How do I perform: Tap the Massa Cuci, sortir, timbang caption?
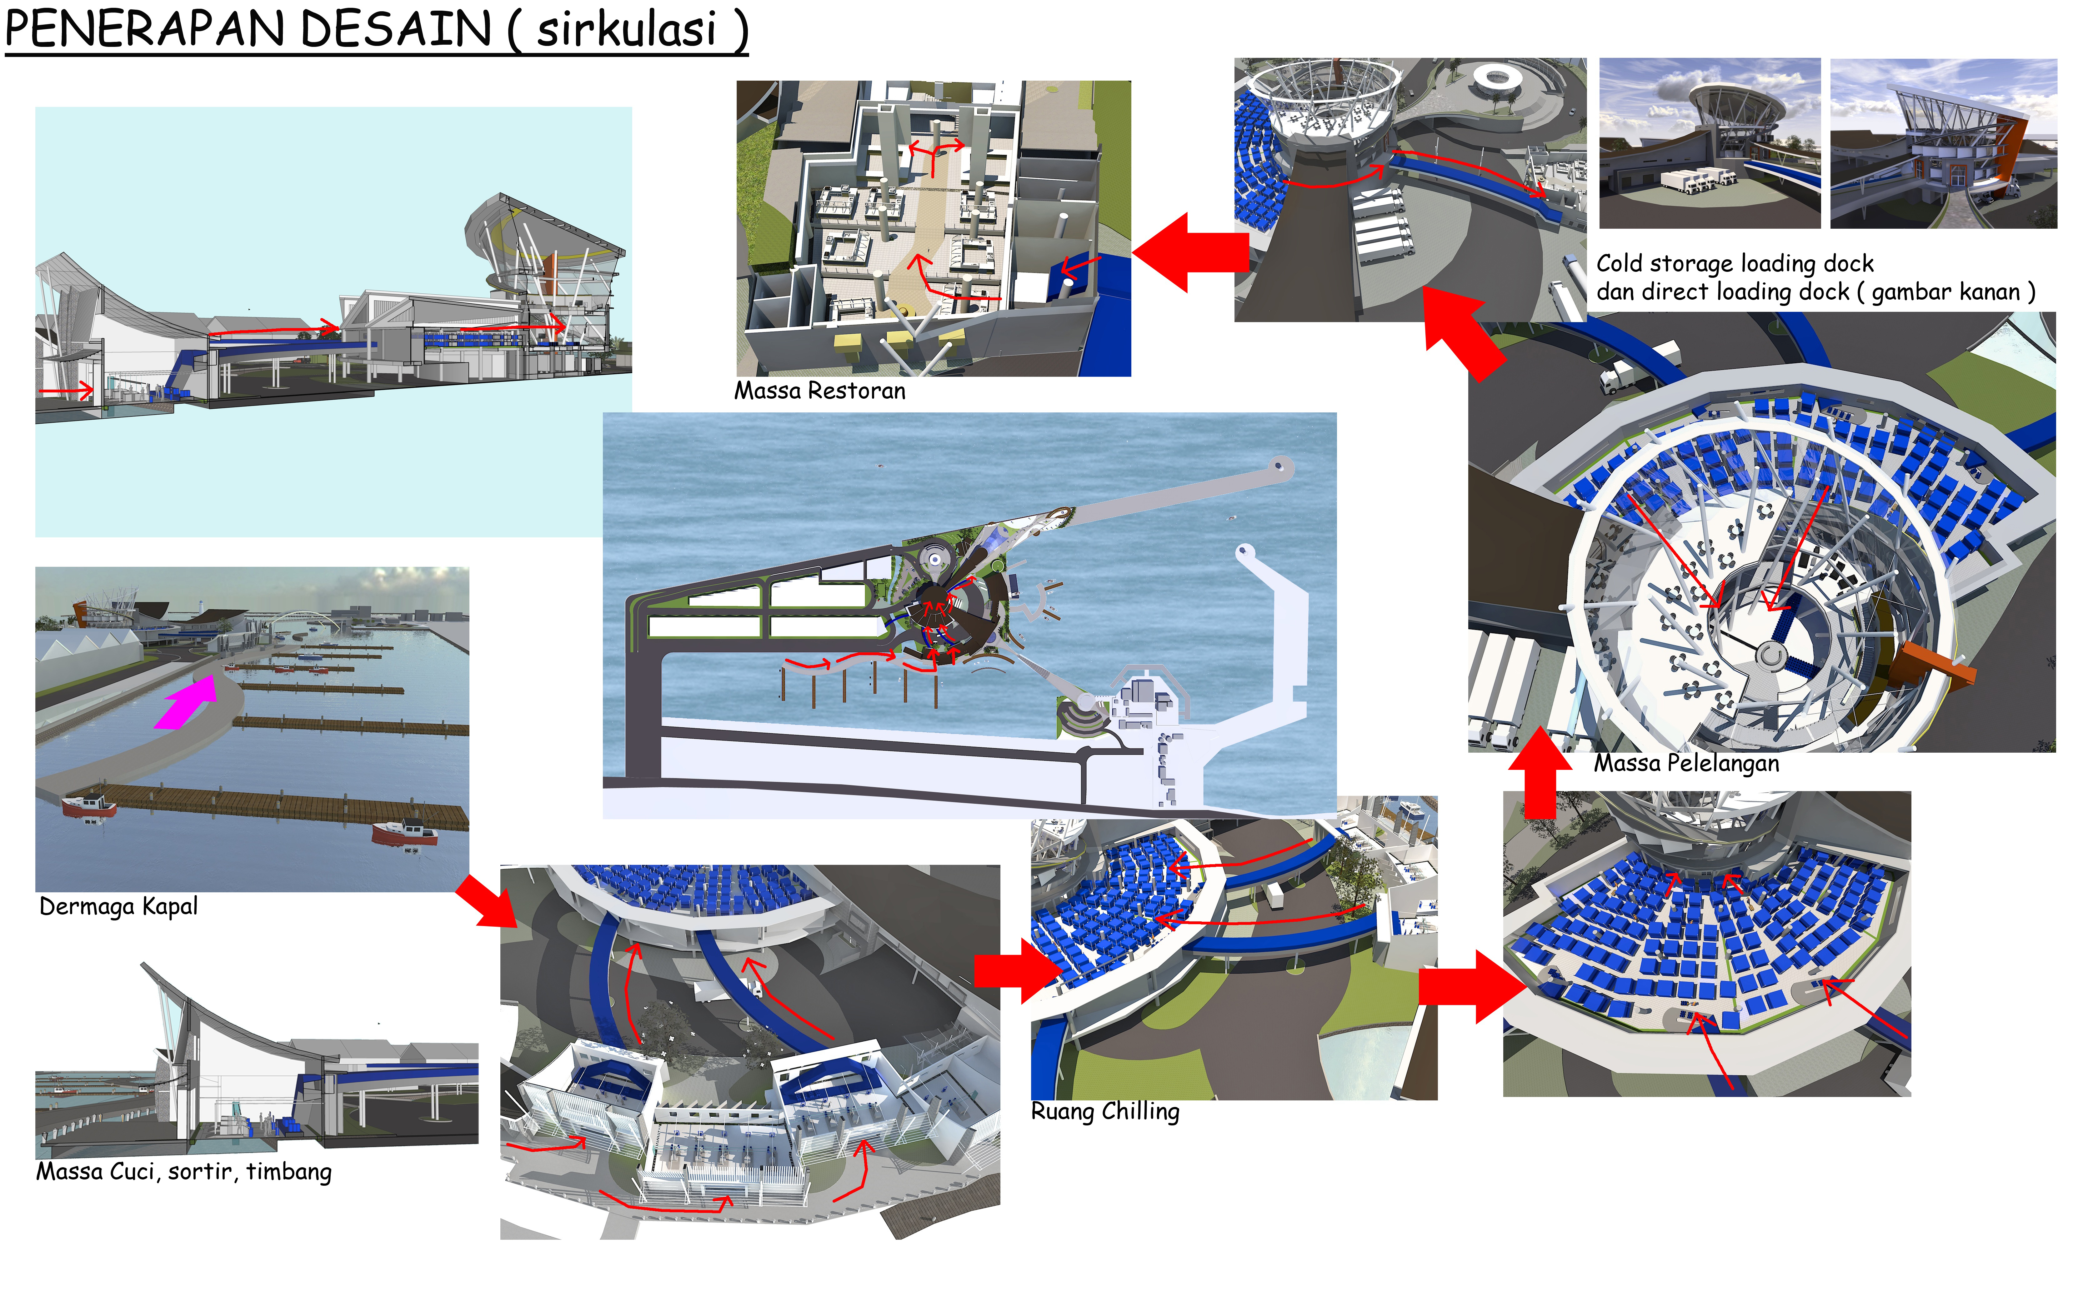(183, 1171)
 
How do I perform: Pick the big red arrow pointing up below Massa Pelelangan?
(1540, 773)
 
